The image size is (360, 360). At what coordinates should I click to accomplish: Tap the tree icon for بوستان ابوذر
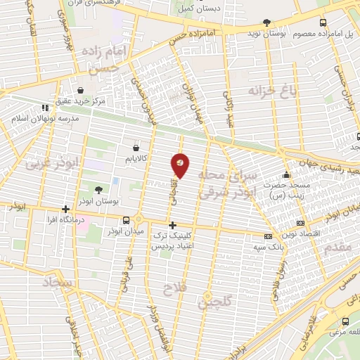click(x=98, y=190)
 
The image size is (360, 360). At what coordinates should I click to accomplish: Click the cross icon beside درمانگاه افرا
click(x=65, y=209)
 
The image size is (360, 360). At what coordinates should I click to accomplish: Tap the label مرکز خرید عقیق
click(x=82, y=101)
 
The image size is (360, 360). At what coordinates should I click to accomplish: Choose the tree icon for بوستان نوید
click(x=266, y=23)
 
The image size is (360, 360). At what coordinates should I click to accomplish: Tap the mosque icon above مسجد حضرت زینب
click(x=285, y=175)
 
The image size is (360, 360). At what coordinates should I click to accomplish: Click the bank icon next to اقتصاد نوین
click(x=266, y=236)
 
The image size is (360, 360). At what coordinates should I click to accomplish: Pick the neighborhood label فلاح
click(x=172, y=289)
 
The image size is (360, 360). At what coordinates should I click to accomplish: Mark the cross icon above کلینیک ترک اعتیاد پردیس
click(x=172, y=225)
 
